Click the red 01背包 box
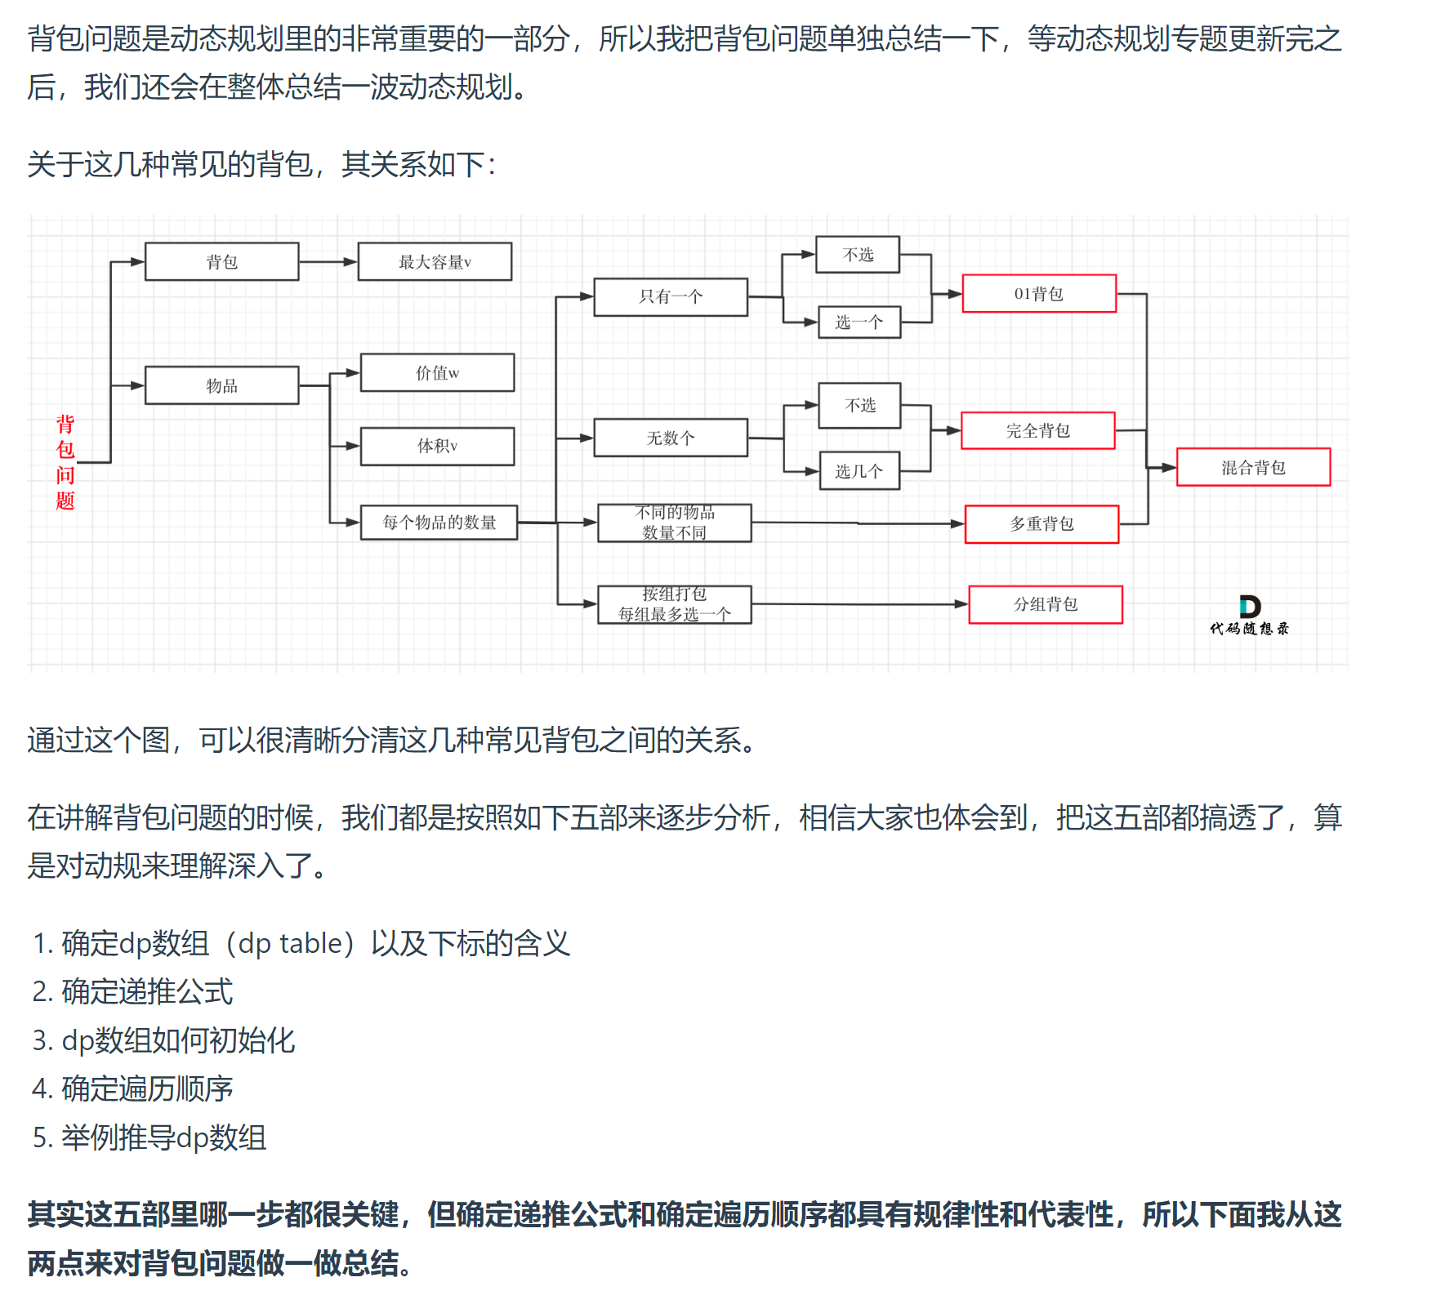(1039, 294)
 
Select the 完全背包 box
(1037, 430)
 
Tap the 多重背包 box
(1041, 523)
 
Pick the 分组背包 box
(1046, 604)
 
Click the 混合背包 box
(1253, 467)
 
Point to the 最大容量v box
(435, 261)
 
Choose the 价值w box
(437, 372)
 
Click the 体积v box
(437, 446)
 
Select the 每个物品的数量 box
(439, 523)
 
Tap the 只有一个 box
(670, 296)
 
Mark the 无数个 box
(670, 438)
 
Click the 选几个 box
(859, 471)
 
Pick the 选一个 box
(859, 322)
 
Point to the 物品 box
(221, 385)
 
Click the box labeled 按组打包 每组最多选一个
(674, 604)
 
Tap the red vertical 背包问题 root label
(65, 462)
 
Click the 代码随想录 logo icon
(1249, 607)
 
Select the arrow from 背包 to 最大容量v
(328, 262)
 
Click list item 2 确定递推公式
(147, 991)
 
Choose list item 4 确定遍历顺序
(147, 1088)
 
